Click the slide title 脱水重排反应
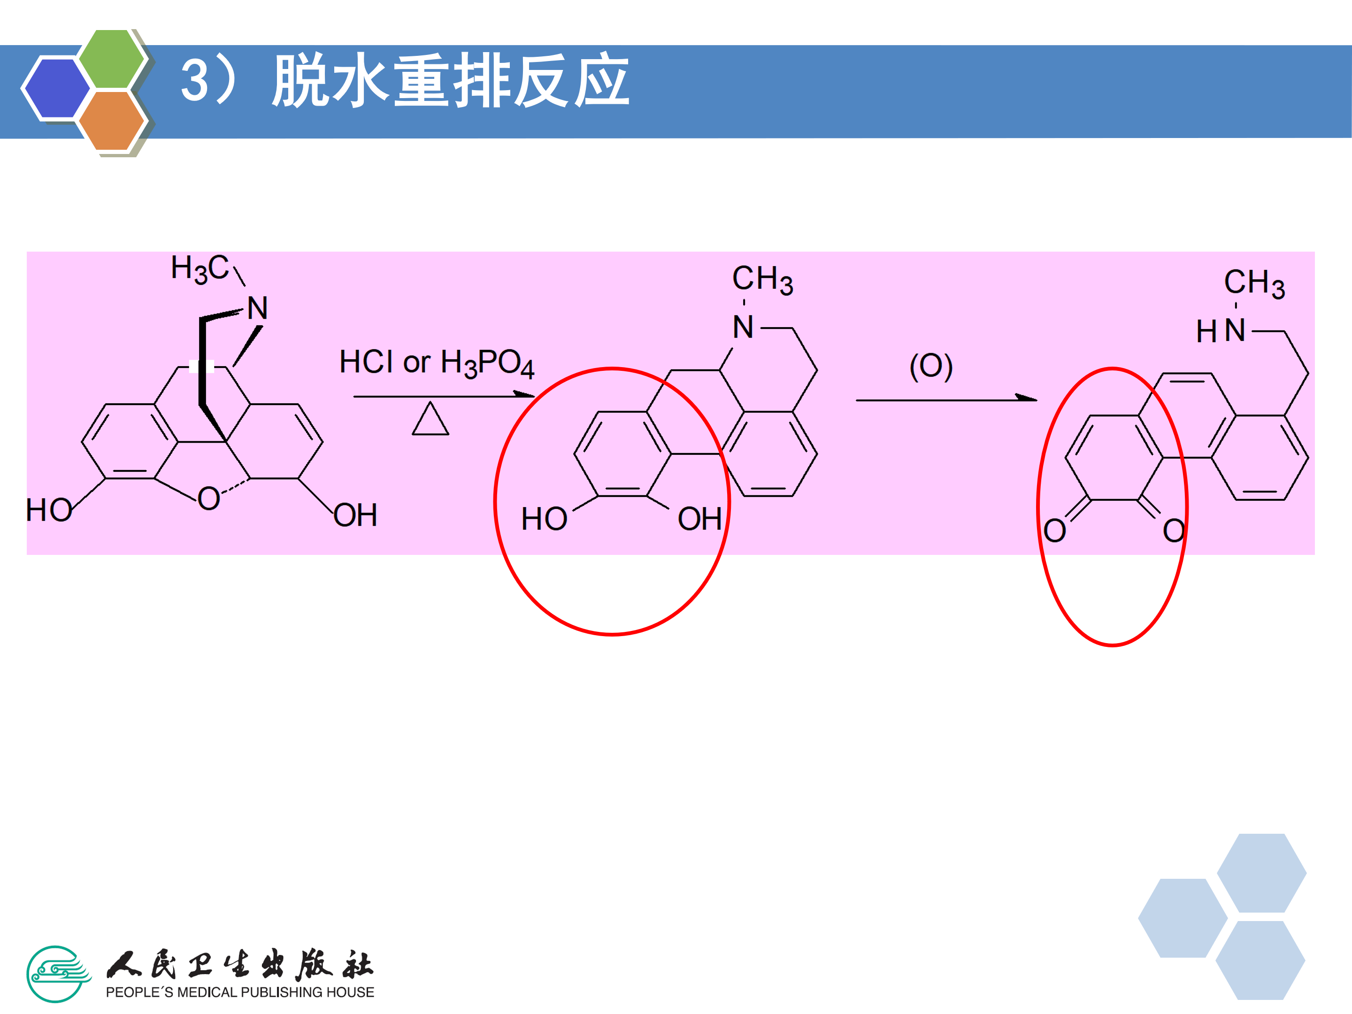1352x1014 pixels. (451, 80)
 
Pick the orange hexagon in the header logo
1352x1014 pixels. (111, 120)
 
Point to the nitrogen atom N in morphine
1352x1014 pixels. (257, 308)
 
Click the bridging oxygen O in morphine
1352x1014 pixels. (208, 499)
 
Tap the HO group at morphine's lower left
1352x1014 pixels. (49, 510)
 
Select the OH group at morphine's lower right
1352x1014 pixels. (355, 515)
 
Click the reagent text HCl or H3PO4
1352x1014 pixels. (437, 362)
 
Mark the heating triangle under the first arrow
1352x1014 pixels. (430, 420)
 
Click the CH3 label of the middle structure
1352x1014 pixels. (763, 279)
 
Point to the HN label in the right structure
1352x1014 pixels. (1221, 330)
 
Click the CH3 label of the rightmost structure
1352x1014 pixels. (1254, 283)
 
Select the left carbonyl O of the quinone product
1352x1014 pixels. (1054, 530)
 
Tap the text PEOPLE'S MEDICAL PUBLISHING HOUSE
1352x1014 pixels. (239, 992)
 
